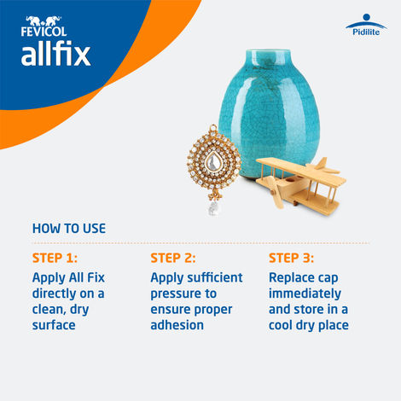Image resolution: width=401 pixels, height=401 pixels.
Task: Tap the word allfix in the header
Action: (55, 55)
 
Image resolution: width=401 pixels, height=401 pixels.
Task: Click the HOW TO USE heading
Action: (69, 229)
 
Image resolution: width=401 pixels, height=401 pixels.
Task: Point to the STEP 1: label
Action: (55, 258)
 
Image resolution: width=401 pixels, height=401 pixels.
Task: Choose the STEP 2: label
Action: (173, 258)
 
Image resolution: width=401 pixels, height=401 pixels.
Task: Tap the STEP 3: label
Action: (292, 258)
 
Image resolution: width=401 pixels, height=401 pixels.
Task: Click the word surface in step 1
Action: (55, 325)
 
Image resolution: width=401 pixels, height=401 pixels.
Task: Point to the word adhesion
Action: (177, 325)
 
